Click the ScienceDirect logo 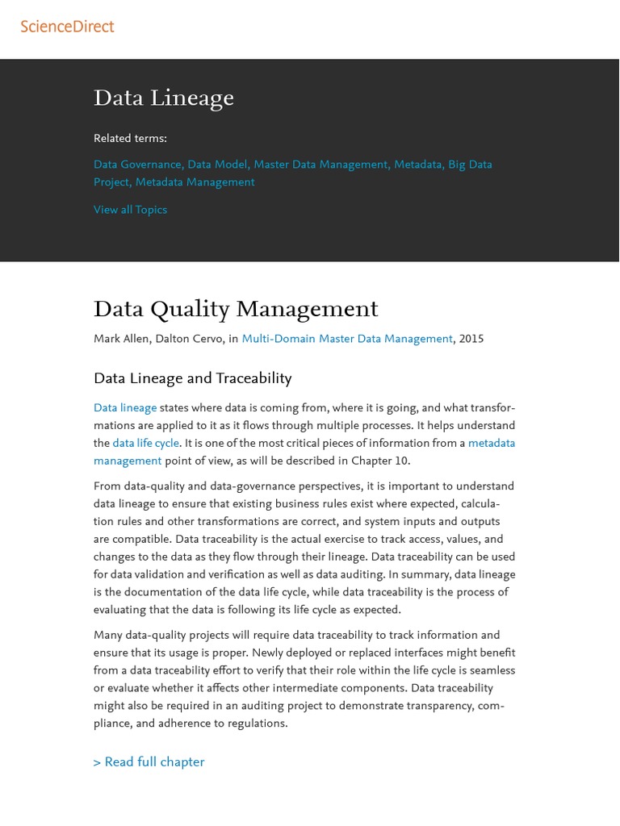tap(67, 27)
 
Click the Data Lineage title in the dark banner tap(164, 98)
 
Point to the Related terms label tap(130, 138)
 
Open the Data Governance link tap(137, 165)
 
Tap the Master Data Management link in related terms tap(320, 165)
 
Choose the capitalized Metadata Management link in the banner tap(195, 182)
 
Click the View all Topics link tap(130, 210)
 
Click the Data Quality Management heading tap(236, 309)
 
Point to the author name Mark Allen tap(120, 339)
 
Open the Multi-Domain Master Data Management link tap(347, 339)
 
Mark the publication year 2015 tap(471, 339)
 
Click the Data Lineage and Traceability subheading tap(192, 378)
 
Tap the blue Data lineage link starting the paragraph tap(125, 408)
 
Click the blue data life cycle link tap(145, 444)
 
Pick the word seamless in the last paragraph tap(489, 670)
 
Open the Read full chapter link tap(149, 762)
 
